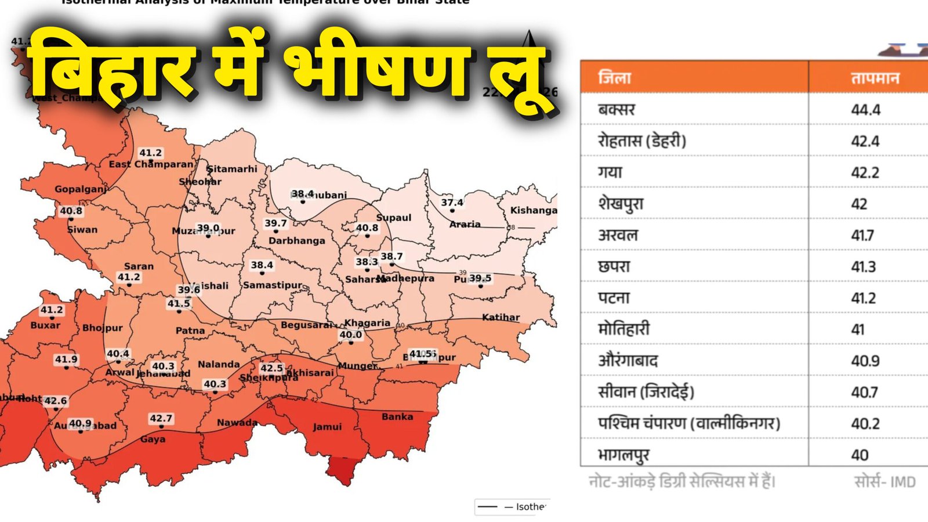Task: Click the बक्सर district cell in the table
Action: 617,109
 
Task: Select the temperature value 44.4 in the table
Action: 865,109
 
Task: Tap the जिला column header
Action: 614,78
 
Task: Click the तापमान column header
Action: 875,78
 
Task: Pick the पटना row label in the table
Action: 614,298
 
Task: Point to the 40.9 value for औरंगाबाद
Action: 865,361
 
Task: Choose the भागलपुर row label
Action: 623,455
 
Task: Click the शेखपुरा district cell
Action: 621,204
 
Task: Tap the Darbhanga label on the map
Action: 296,240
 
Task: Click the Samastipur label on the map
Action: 273,285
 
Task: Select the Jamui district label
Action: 327,427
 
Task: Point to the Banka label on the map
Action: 397,416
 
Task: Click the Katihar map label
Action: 501,317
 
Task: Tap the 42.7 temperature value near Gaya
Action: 161,418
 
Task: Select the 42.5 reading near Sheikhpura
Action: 271,368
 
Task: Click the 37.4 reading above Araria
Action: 452,202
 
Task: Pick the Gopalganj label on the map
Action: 81,189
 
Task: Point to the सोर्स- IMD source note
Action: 884,482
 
